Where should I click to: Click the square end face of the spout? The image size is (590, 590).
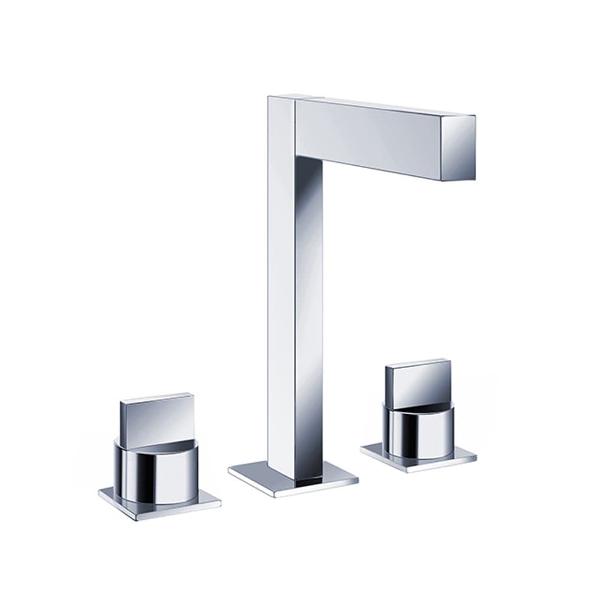coord(459,147)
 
